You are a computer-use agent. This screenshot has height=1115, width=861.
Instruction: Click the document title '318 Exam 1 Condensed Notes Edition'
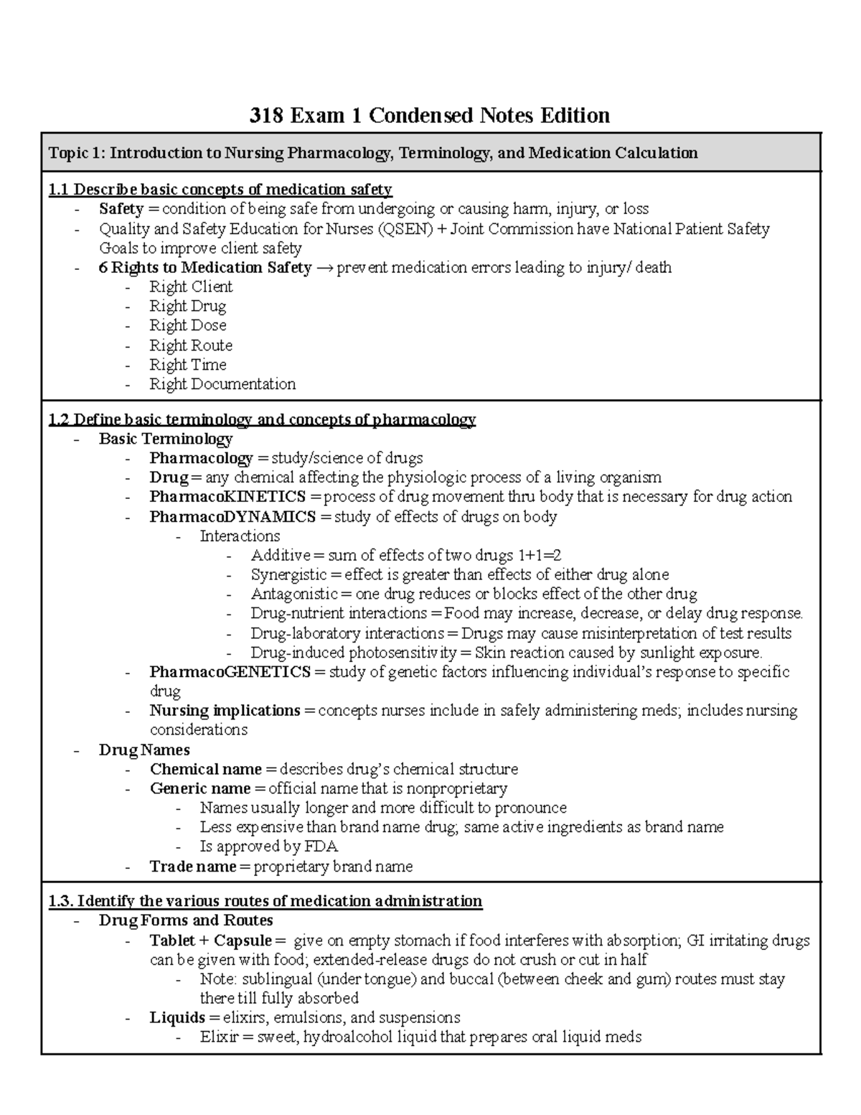point(429,115)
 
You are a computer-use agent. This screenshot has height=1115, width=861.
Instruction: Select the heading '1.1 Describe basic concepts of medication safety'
point(220,190)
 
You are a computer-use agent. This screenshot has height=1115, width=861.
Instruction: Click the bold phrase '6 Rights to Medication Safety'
point(204,268)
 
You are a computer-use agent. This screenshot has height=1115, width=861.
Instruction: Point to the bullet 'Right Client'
point(190,287)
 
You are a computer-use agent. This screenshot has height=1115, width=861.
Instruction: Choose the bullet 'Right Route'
point(190,345)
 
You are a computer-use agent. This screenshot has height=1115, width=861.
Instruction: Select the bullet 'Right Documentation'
point(222,384)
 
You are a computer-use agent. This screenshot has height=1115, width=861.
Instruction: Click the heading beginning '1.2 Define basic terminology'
point(261,419)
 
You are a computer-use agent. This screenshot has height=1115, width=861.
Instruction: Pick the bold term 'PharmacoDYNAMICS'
point(232,517)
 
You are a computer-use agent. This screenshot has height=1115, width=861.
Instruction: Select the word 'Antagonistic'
point(293,594)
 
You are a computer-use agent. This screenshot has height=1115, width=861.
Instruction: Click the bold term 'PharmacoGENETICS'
point(230,672)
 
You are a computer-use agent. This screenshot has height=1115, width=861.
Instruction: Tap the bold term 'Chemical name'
point(205,769)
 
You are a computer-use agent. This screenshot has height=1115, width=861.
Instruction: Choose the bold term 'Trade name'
point(192,867)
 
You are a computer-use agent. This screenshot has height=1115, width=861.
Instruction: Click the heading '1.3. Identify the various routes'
point(265,901)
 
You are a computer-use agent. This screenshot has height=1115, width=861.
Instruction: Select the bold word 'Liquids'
point(177,1017)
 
